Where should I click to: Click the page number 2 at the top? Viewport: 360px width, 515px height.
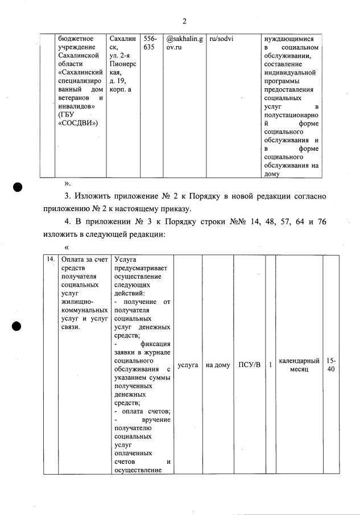tap(184, 22)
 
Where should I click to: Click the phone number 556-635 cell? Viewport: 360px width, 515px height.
tap(149, 43)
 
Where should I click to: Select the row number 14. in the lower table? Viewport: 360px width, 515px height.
tap(51, 259)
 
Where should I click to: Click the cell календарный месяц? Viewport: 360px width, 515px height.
tap(299, 365)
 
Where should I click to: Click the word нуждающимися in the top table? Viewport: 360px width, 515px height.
tap(289, 39)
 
